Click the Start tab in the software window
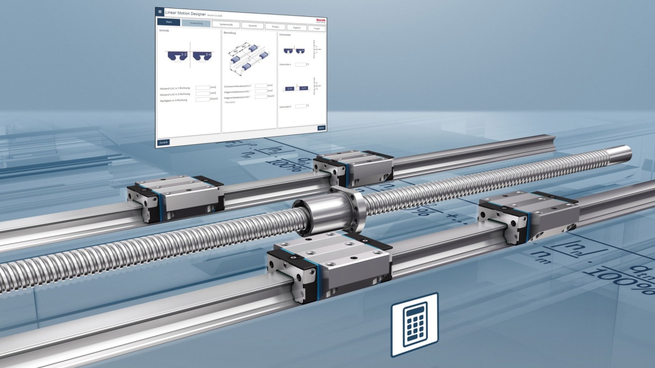coord(169,22)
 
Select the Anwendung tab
coord(196,24)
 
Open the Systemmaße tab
coord(226,25)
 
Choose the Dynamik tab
coord(252,26)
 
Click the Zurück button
coord(163,142)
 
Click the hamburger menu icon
coord(160,11)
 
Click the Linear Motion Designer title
coord(185,13)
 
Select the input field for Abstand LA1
coord(203,88)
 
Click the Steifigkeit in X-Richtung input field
coord(203,99)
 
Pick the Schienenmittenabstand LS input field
coord(260,85)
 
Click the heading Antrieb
coord(164,31)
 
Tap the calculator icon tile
coord(414,324)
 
